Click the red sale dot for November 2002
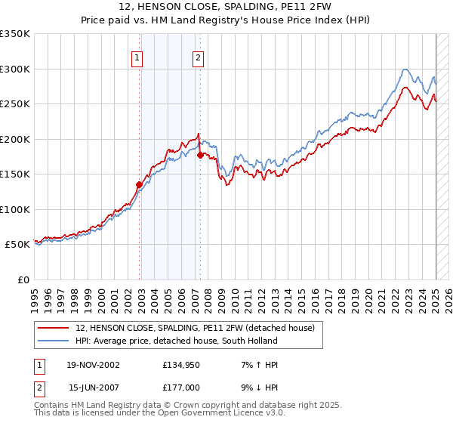pos(140,184)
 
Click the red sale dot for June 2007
pos(200,155)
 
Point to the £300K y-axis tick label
pos(15,69)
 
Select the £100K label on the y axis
pos(15,209)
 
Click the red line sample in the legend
pos(54,327)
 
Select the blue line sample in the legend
pos(54,341)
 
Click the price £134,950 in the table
pos(180,365)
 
